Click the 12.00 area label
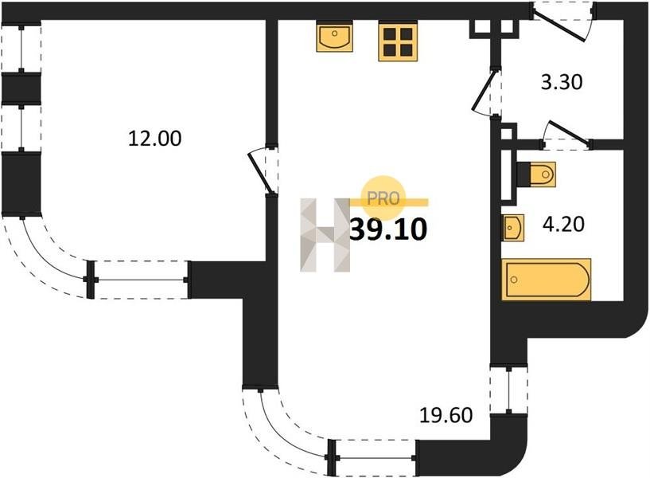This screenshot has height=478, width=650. [x=154, y=138]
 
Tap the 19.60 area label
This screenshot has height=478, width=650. [x=446, y=414]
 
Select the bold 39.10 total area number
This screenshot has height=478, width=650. [x=388, y=229]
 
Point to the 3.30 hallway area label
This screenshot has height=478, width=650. [x=562, y=82]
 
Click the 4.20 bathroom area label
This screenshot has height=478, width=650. [x=563, y=224]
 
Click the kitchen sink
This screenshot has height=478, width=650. [x=334, y=37]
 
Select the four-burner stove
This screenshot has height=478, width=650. [x=398, y=41]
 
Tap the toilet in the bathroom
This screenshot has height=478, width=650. [x=537, y=174]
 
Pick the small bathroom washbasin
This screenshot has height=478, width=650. [x=513, y=227]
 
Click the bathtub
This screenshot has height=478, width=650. [x=547, y=280]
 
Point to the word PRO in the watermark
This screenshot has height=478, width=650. [x=383, y=198]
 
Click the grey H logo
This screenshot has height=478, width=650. [x=325, y=235]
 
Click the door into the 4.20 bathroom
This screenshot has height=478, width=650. [x=566, y=133]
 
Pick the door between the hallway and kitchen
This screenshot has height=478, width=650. [x=484, y=92]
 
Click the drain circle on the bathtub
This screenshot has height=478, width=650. [x=515, y=280]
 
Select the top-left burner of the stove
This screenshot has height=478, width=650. [x=389, y=35]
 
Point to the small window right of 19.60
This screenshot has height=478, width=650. [x=509, y=390]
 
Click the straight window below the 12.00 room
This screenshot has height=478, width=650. [x=138, y=280]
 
